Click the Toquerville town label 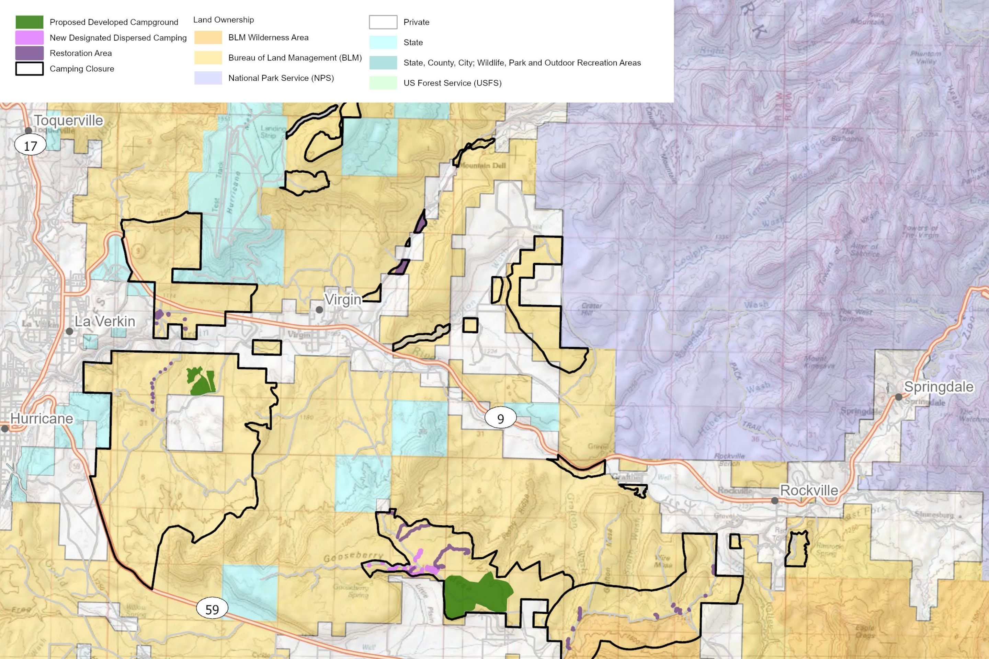click(69, 120)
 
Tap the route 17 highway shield click(30, 146)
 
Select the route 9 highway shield click(500, 419)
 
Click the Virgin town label click(343, 300)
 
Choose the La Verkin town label click(105, 322)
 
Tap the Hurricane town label click(42, 419)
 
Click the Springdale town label click(939, 387)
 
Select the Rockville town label click(809, 490)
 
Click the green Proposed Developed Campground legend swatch click(30, 22)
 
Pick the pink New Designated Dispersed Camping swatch click(30, 37)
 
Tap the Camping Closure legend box click(30, 69)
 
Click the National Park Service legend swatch click(208, 78)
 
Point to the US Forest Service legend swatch click(383, 83)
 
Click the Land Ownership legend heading click(223, 20)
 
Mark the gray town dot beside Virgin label click(319, 310)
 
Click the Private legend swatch click(383, 22)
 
